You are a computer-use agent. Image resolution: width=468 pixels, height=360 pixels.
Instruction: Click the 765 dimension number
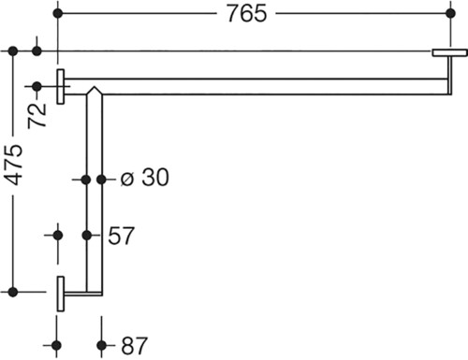point(247,14)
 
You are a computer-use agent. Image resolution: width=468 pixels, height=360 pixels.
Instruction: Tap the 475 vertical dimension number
point(14,165)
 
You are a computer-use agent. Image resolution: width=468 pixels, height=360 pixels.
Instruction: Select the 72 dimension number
point(37,115)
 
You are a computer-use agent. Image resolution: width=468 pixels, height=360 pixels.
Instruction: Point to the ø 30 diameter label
point(145,178)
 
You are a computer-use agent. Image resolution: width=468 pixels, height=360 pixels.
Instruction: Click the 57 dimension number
point(121,236)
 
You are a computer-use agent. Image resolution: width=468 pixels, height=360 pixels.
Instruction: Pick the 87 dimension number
point(134,346)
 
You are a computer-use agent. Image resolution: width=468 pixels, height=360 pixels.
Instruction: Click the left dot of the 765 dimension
point(58,14)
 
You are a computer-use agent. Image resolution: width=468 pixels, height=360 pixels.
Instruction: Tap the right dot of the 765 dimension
point(450,13)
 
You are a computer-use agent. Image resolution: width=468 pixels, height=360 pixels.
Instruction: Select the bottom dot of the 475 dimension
point(13,292)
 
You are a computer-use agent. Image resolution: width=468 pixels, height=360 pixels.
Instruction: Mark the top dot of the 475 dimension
point(13,50)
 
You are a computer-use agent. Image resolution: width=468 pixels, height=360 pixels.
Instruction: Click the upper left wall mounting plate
point(61,86)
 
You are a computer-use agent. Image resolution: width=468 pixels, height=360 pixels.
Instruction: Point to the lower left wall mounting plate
point(61,294)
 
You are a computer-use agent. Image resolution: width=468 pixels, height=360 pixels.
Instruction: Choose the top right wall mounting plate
point(450,52)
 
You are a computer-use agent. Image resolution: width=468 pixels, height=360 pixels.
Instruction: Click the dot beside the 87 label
point(101,345)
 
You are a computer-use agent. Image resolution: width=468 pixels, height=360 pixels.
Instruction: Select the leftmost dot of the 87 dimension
point(56,345)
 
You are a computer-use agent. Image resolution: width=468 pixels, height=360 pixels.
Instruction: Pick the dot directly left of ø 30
point(101,180)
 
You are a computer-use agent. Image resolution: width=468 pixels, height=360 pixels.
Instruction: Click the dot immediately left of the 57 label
point(87,236)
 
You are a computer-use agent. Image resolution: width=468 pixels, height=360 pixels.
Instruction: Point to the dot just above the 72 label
point(37,86)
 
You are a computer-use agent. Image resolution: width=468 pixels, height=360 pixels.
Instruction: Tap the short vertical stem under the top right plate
point(450,75)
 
